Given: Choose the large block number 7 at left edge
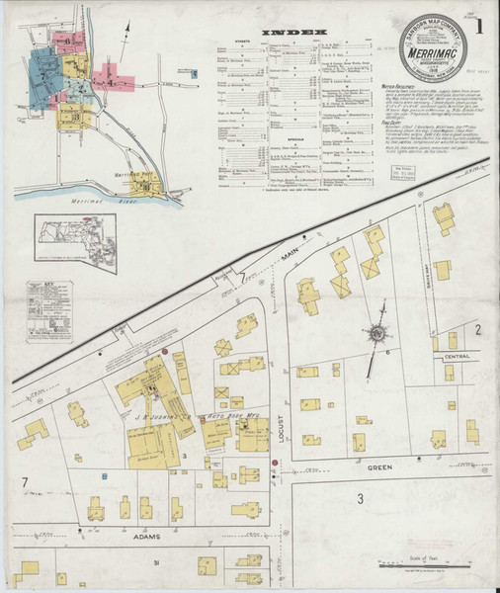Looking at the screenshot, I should [22, 481].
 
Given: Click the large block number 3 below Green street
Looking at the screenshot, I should [361, 499].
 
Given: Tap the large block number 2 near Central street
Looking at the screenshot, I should [476, 328].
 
